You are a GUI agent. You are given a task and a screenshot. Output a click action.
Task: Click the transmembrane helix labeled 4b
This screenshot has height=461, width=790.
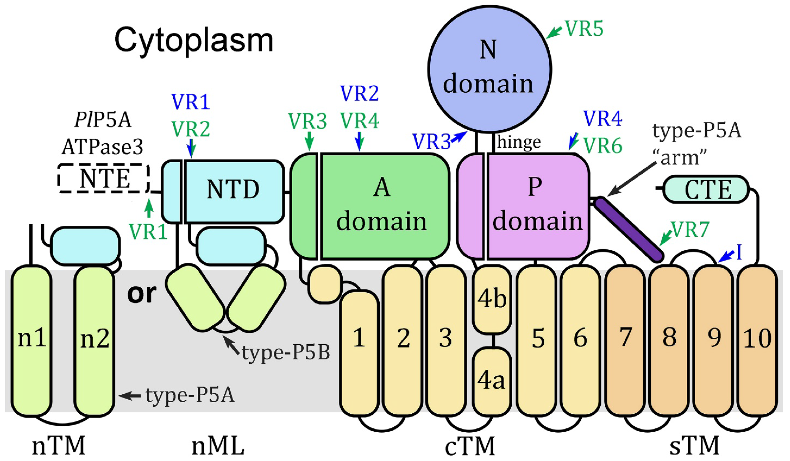pyautogui.click(x=492, y=299)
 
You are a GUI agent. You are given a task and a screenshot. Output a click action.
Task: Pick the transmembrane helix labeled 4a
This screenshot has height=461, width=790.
pyautogui.click(x=492, y=381)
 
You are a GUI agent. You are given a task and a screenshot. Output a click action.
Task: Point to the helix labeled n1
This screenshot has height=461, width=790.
pyautogui.click(x=31, y=340)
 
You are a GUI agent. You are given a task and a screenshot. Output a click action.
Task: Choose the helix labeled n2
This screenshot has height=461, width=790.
pyautogui.click(x=94, y=340)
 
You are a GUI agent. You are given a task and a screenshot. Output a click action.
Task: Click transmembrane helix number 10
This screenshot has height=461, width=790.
pyautogui.click(x=757, y=340)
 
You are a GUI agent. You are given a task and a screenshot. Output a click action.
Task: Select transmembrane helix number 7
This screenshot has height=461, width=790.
pyautogui.click(x=625, y=340)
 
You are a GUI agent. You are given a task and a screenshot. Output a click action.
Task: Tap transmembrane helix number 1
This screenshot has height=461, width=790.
pyautogui.click(x=359, y=353)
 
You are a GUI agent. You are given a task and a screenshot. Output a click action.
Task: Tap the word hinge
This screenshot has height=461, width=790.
pyautogui.click(x=519, y=143)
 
